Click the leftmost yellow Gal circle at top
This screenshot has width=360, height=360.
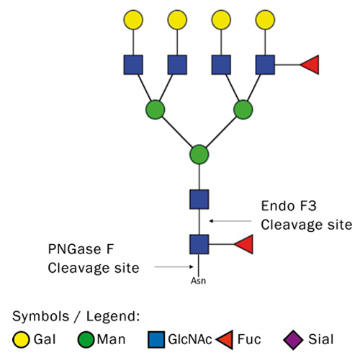pos(133,20)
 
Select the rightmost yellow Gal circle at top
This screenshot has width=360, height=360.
pos(265,20)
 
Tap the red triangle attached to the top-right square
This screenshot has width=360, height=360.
pos(310,65)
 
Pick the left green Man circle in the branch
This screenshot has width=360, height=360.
pos(155,109)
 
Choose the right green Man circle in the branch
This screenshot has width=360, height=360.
pos(243,109)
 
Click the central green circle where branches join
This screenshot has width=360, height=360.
pos(199,154)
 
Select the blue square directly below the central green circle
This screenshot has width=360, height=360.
pos(199,199)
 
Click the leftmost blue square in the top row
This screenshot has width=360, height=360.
pos(133,65)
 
